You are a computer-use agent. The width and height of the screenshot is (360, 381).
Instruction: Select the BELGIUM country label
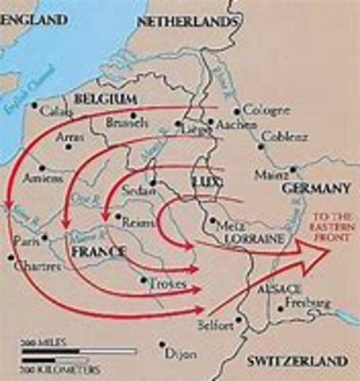coord(102,98)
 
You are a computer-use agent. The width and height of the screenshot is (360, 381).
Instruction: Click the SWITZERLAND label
coord(297,361)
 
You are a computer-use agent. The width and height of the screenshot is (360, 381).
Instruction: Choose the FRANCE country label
coord(98,252)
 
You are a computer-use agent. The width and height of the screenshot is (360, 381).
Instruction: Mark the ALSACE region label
coord(278,288)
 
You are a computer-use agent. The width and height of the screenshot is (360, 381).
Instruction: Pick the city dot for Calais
coord(34,104)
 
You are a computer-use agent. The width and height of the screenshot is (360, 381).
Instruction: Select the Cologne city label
coord(261,110)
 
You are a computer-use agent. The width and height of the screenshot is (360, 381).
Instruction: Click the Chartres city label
coord(37,266)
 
